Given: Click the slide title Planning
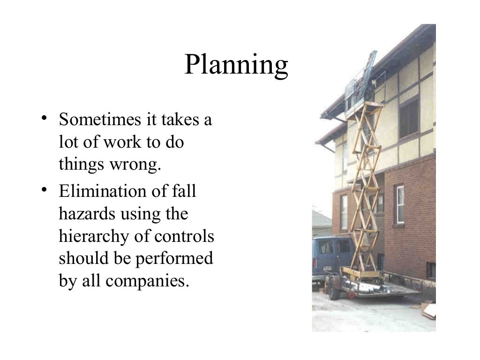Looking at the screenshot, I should pyautogui.click(x=236, y=65).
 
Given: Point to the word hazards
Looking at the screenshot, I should pyautogui.click(x=87, y=214).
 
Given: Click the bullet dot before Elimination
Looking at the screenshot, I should pyautogui.click(x=44, y=189).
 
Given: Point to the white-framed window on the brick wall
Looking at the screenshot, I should pyautogui.click(x=399, y=204).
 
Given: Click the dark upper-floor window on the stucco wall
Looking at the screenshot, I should pyautogui.click(x=409, y=117).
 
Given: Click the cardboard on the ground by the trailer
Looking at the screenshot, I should pyautogui.click(x=427, y=310).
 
